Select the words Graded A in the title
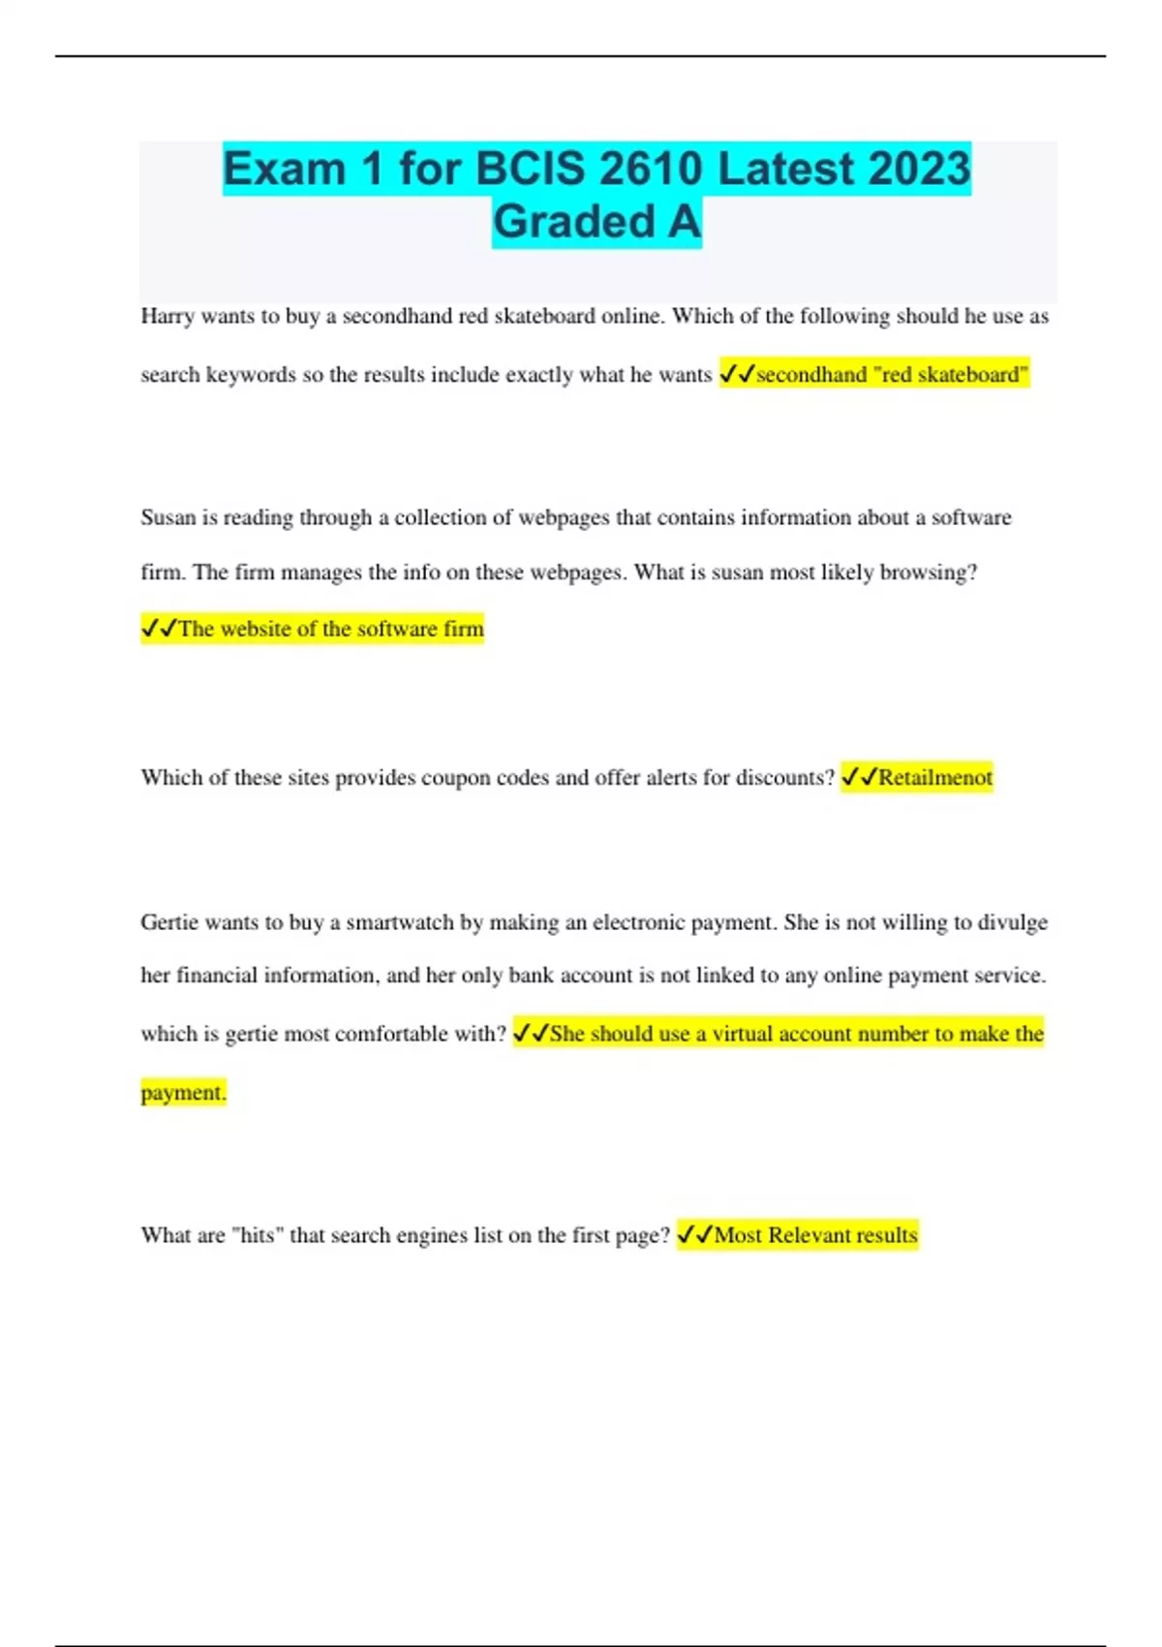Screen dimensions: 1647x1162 596,222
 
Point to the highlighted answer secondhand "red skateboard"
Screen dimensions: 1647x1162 892,375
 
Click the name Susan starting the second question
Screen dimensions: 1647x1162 168,517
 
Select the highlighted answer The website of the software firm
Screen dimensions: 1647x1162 330,629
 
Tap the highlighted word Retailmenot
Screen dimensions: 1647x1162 934,777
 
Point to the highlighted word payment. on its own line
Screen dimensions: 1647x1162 183,1093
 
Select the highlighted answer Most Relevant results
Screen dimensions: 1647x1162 815,1235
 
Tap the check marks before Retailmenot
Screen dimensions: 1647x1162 858,777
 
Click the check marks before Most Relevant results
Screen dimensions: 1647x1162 694,1235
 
